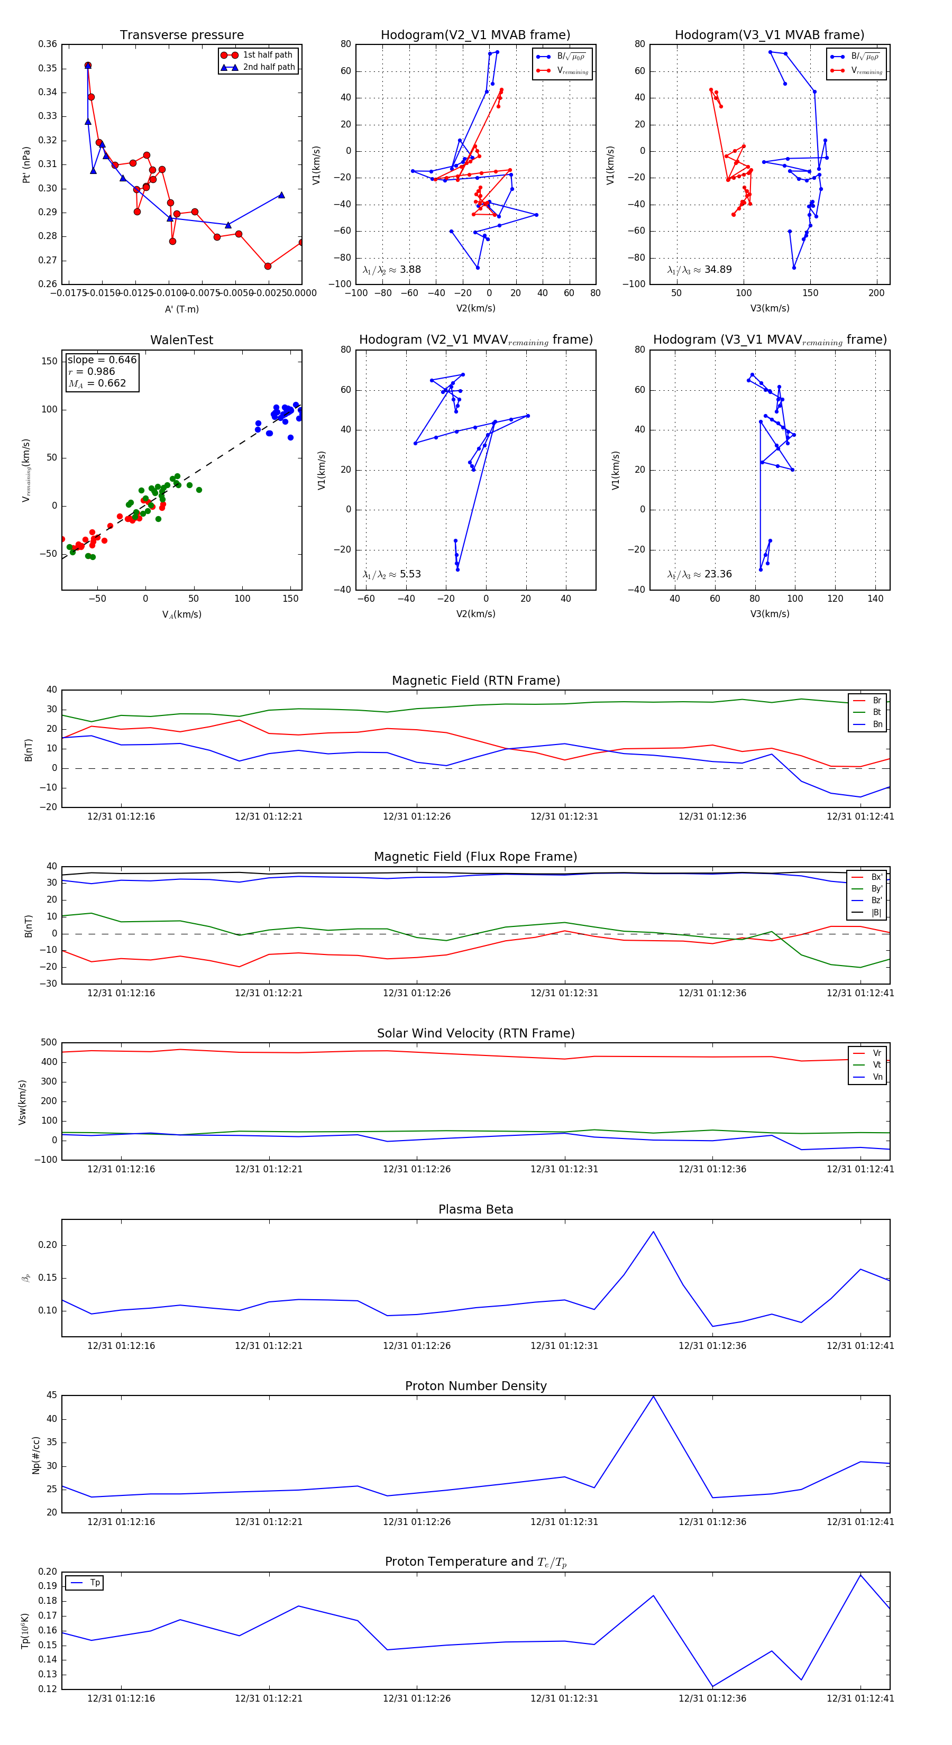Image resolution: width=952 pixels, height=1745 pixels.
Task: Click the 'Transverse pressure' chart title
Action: coord(181,35)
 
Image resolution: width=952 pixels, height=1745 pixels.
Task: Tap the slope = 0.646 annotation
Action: coord(102,360)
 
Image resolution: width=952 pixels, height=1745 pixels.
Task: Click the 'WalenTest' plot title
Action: coord(181,340)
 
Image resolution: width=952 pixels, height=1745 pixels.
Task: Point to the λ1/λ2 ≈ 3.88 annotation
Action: coord(391,270)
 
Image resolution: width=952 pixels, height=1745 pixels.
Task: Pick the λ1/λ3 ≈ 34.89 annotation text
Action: coord(699,270)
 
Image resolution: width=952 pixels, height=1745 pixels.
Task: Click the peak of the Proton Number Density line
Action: coord(653,1396)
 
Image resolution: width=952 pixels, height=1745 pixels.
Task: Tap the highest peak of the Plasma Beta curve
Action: coord(653,1232)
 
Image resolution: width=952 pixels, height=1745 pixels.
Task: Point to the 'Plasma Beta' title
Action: coord(475,1209)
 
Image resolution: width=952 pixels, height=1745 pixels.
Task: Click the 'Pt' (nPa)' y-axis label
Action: coord(26,164)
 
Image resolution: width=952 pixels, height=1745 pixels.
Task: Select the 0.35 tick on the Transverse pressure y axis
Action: coord(48,68)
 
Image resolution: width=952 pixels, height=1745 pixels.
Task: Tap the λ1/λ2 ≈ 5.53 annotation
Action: coord(391,574)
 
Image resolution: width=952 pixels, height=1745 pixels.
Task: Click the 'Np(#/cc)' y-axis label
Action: coord(36,1455)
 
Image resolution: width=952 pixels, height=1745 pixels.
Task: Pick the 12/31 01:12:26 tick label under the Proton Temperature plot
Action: coord(417,1698)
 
